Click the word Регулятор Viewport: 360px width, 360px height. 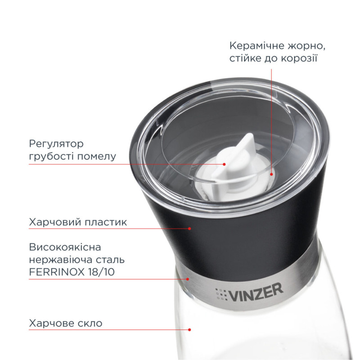(56, 144)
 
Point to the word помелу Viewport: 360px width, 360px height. (97, 157)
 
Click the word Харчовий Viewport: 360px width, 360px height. (54, 222)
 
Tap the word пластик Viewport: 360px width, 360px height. (106, 222)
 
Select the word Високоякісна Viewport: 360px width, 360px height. (65, 247)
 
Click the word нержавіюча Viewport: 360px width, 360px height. (61, 260)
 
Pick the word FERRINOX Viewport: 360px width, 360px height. (57, 272)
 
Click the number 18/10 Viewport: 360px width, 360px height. (101, 272)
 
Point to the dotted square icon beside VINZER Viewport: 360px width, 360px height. (221, 294)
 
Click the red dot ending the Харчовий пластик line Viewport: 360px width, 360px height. (189, 229)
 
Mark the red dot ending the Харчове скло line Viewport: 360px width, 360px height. (189, 330)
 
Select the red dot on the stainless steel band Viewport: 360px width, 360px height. (188, 279)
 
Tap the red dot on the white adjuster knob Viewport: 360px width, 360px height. (224, 164)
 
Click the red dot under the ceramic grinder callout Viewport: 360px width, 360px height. (271, 174)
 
